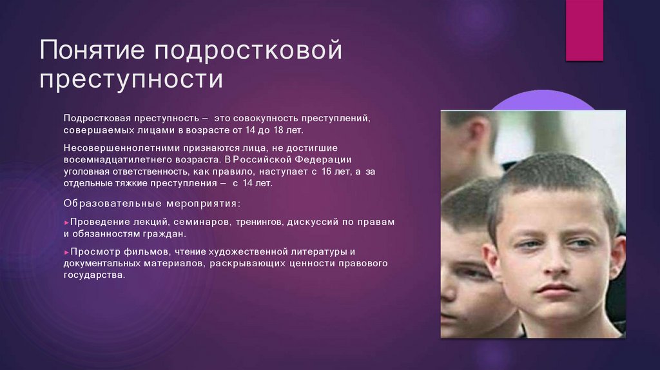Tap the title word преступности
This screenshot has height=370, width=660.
pyautogui.click(x=132, y=81)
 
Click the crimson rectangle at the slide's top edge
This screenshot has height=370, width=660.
pyautogui.click(x=584, y=30)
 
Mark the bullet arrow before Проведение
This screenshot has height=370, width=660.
pyautogui.click(x=66, y=222)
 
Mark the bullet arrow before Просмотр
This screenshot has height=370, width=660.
pyautogui.click(x=66, y=251)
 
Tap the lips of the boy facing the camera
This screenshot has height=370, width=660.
pyautogui.click(x=556, y=288)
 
